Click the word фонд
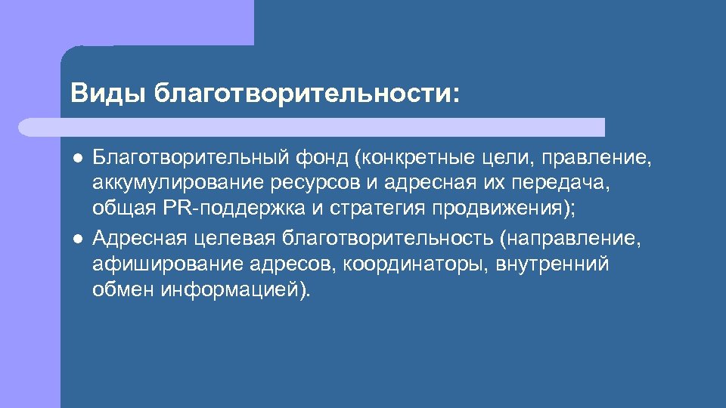320,158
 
